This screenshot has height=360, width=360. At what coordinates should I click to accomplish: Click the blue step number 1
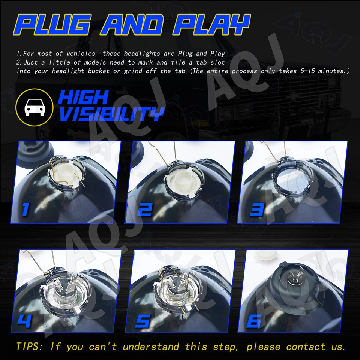click(25, 209)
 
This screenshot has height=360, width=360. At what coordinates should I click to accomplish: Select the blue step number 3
click(257, 209)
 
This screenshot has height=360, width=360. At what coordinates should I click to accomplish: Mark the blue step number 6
click(255, 321)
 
